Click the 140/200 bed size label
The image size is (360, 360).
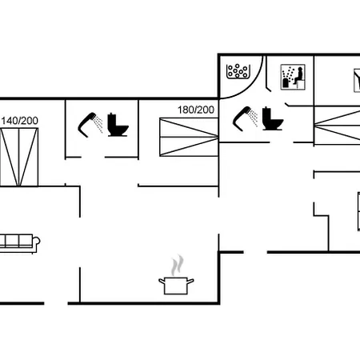point(19,121)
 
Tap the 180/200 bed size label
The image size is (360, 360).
point(196,110)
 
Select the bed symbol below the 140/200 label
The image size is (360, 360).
point(19,157)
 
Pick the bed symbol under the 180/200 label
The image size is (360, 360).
point(189,137)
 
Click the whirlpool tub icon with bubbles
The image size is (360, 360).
point(238,71)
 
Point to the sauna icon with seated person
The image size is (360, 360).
point(293,77)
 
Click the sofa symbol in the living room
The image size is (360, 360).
point(20,243)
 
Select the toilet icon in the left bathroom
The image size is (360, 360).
point(118,125)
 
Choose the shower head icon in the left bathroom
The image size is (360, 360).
point(87,125)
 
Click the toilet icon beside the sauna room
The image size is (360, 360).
point(273,118)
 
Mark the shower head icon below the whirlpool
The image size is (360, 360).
point(242,119)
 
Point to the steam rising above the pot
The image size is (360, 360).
point(178,266)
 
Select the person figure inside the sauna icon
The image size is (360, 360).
point(298,76)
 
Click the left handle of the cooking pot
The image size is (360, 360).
point(162,282)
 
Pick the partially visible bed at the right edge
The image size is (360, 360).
point(338,126)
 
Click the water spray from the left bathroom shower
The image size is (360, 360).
point(99,124)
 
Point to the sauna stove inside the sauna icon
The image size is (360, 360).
point(286,82)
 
